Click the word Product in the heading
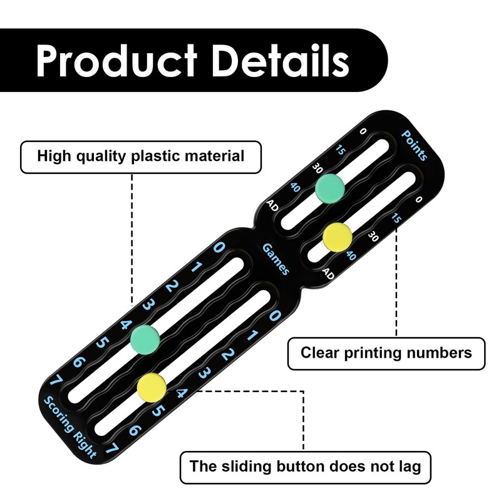116,60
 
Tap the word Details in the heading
281,60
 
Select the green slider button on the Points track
330,189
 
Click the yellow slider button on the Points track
338,237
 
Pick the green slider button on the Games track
145,339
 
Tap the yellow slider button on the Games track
152,387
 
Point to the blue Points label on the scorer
415,145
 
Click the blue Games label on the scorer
276,259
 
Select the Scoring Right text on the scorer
70,427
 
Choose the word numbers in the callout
439,353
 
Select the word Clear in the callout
320,353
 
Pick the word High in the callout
54,157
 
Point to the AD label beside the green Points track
272,205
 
